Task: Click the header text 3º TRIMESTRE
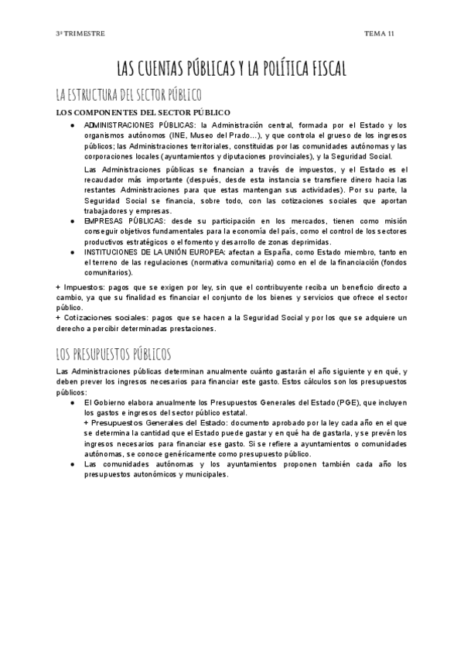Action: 80,34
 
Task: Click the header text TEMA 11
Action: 380,34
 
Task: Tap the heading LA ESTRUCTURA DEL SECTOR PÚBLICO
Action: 128,95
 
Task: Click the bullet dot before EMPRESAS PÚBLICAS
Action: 72,220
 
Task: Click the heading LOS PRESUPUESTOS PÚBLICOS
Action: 114,354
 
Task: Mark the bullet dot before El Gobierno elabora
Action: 72,402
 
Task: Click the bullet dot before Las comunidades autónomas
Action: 72,464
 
